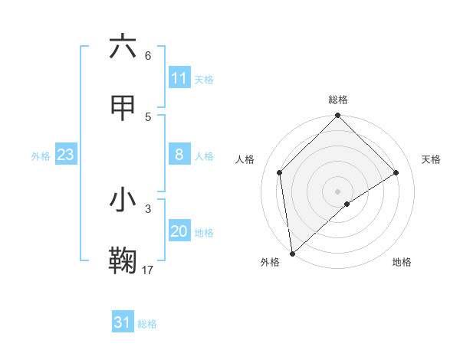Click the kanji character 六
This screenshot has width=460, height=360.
(123, 47)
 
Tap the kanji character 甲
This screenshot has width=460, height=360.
(123, 108)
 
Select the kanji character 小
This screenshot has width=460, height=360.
(123, 200)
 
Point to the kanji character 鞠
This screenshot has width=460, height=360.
(123, 261)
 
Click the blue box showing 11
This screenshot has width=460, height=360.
(179, 78)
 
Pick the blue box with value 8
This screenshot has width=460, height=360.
(179, 155)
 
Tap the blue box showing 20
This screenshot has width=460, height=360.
(179, 231)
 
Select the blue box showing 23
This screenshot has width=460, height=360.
(66, 155)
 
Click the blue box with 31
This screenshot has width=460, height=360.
(123, 322)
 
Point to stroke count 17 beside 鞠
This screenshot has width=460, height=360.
(148, 270)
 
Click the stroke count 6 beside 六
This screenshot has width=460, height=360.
(148, 55)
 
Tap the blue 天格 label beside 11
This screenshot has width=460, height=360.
(204, 80)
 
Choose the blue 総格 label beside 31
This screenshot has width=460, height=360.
(147, 324)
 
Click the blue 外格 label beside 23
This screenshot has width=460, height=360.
(41, 156)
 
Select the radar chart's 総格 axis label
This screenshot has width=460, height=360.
(338, 100)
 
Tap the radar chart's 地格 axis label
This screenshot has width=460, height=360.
(402, 262)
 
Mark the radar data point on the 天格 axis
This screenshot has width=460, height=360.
(396, 172)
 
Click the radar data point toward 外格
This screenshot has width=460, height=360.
(292, 254)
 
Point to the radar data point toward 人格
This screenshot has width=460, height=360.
(280, 172)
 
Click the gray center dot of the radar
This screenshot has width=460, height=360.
(338, 191)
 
